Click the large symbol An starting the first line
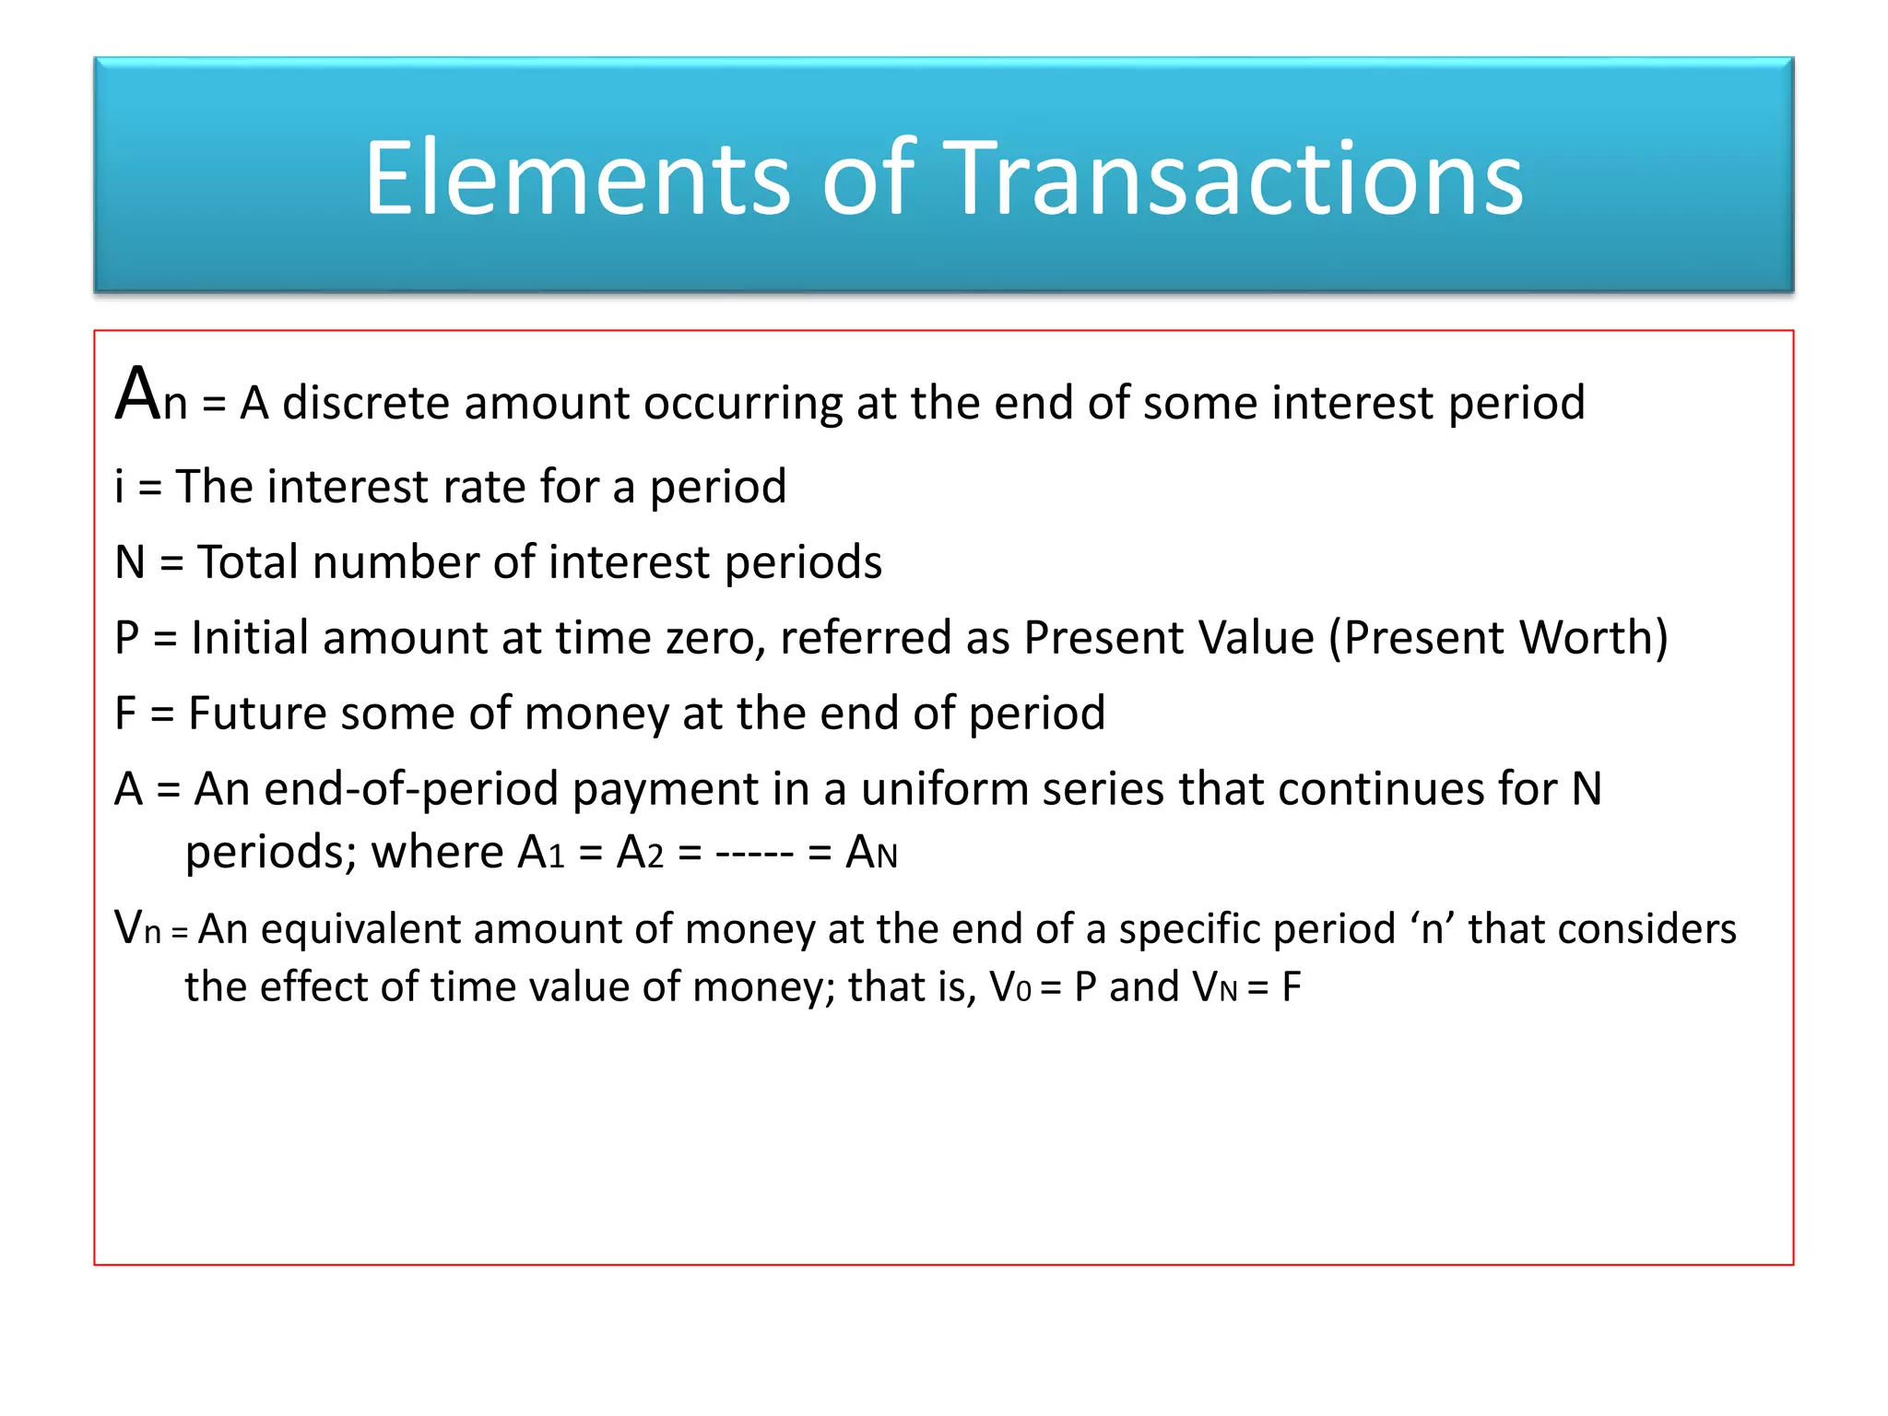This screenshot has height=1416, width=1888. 150,396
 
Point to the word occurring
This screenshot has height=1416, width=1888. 742,403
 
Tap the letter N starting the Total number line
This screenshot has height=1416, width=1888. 130,561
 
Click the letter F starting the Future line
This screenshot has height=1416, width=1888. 125,713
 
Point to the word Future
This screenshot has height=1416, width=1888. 257,713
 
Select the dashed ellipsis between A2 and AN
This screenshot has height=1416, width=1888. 754,853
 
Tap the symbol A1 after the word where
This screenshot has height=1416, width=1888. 540,853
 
